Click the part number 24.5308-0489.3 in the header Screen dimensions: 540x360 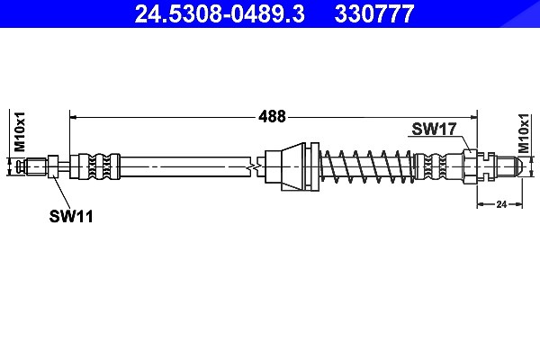click(x=220, y=13)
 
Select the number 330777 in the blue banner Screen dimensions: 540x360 click(x=374, y=13)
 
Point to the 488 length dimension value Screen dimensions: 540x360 click(x=272, y=116)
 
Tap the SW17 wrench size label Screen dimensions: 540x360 click(x=434, y=129)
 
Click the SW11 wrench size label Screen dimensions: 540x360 click(x=71, y=216)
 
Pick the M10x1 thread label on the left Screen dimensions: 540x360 click(x=20, y=131)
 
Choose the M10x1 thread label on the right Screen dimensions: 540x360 click(x=524, y=133)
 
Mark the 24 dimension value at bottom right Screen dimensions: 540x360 click(x=501, y=204)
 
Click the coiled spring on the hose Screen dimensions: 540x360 click(x=367, y=166)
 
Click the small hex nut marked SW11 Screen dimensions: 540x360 click(x=53, y=166)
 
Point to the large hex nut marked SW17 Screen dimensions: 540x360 click(x=470, y=166)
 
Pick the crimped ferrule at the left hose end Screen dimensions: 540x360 click(x=94, y=166)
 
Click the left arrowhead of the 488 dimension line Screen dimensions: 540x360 click(x=73, y=118)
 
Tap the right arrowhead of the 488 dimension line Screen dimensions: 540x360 click(x=474, y=118)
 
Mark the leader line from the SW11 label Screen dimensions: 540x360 click(x=61, y=192)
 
